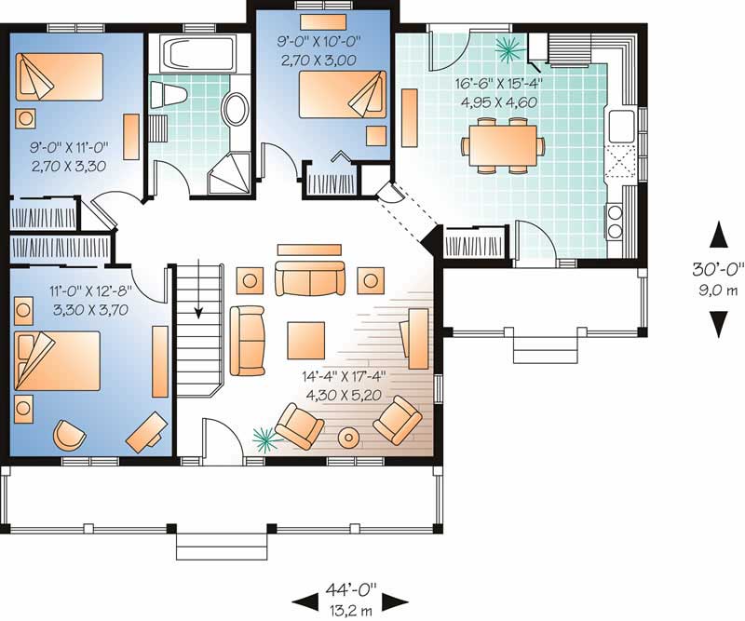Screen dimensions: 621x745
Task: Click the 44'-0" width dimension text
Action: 351,589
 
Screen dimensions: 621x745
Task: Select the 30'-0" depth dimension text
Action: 717,271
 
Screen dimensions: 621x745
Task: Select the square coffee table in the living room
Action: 305,335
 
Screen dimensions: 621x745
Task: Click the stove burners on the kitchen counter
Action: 616,221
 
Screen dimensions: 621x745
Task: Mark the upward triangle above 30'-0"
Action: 717,236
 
